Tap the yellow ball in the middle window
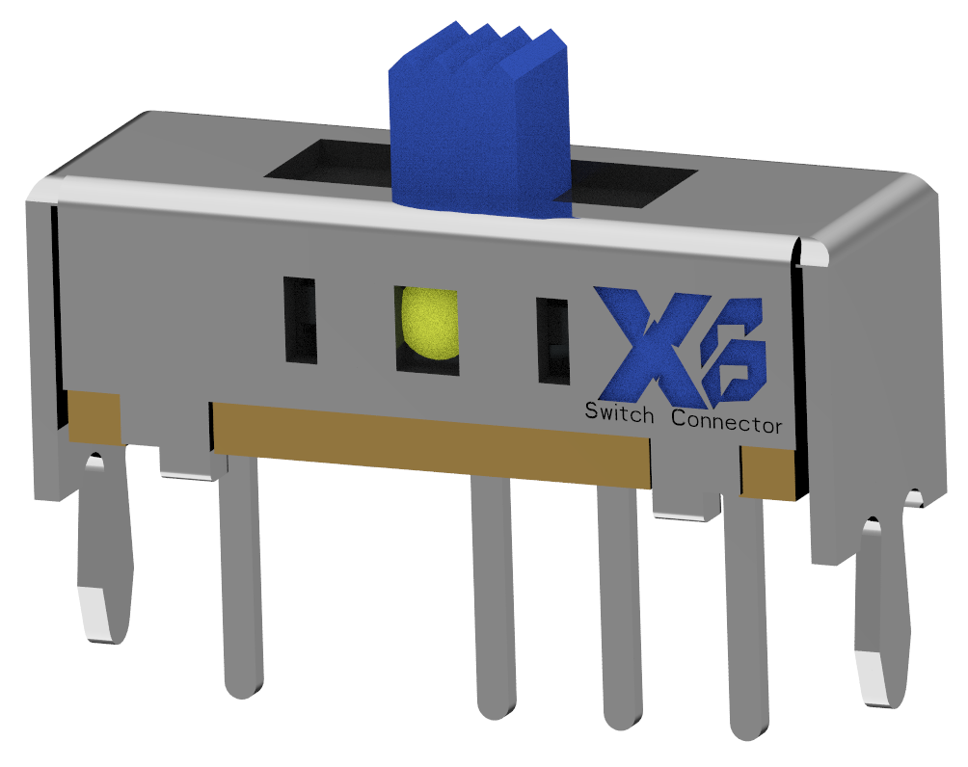[428, 323]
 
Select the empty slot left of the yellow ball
[300, 320]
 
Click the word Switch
[620, 415]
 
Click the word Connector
[726, 421]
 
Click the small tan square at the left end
[94, 416]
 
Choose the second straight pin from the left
[497, 597]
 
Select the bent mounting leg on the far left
[104, 549]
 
